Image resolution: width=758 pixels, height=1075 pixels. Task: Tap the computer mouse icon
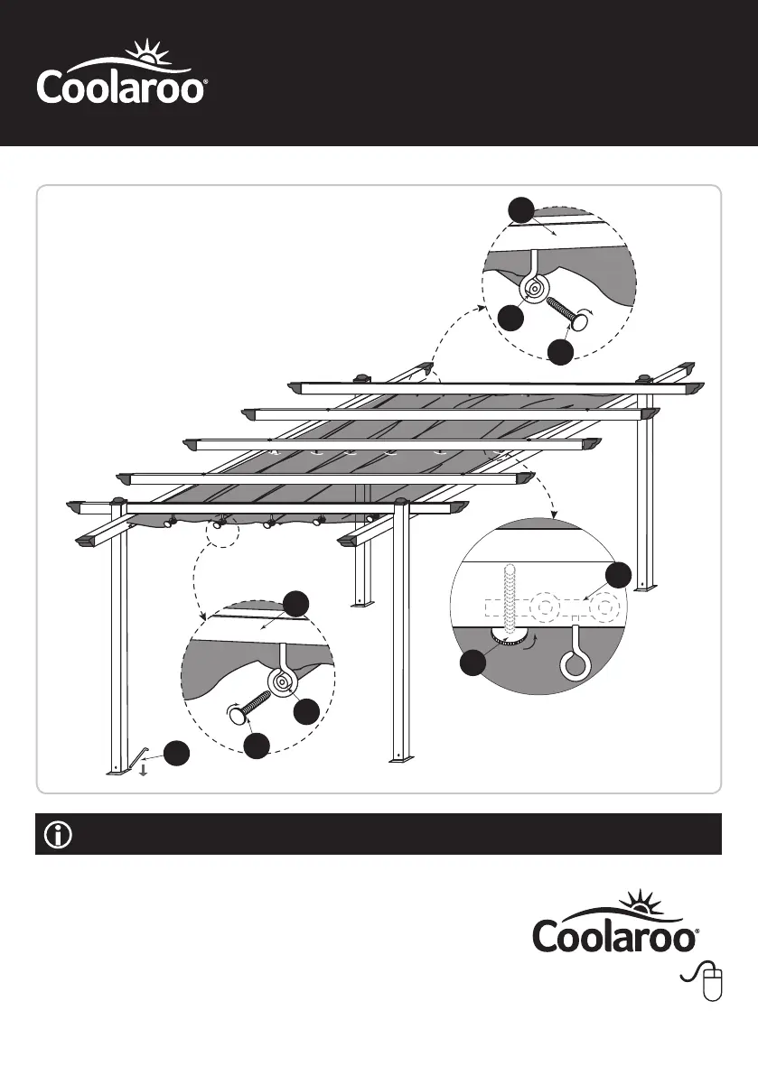pyautogui.click(x=713, y=982)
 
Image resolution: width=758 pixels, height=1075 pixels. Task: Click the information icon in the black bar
pyautogui.click(x=57, y=835)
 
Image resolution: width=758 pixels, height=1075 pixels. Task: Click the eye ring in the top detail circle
pyautogui.click(x=534, y=289)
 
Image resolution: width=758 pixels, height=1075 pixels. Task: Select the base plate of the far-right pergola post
pyautogui.click(x=646, y=588)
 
